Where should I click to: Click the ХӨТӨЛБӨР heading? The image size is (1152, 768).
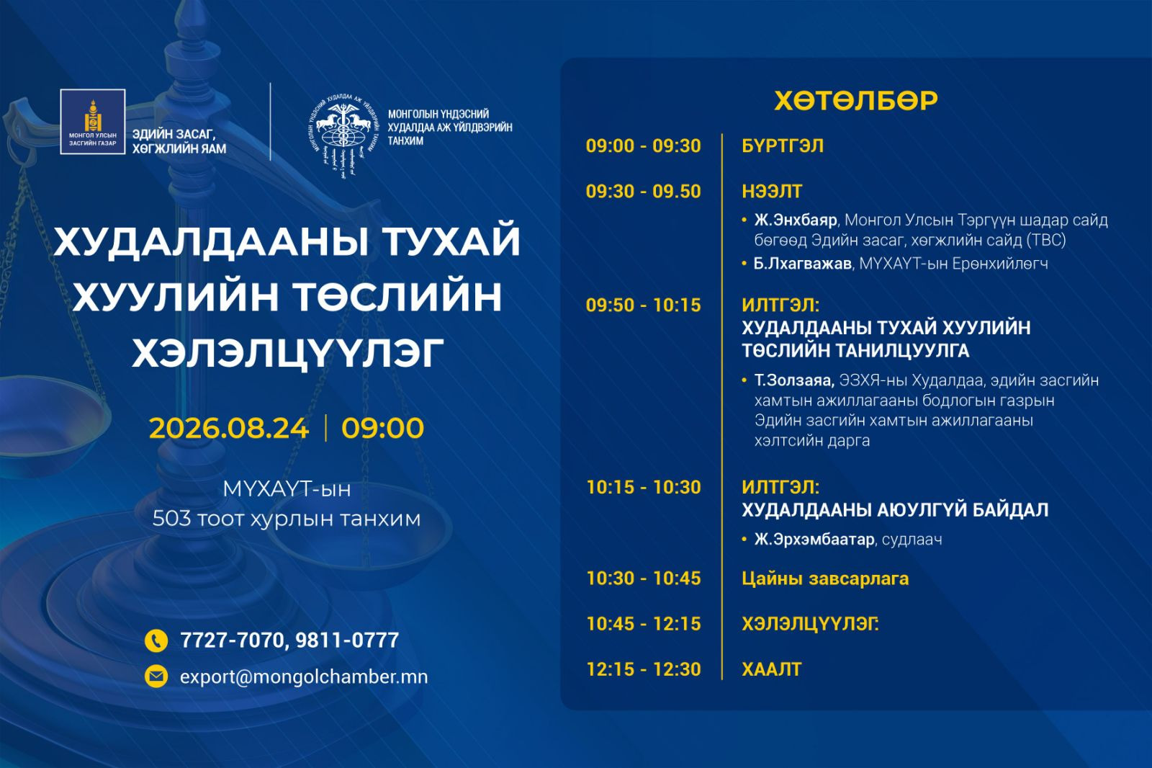point(856,100)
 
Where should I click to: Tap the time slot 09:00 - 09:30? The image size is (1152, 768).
point(644,146)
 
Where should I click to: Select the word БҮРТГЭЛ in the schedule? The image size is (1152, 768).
point(782,146)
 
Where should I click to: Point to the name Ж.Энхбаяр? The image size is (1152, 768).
point(796,220)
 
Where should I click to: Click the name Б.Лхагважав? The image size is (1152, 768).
point(802,264)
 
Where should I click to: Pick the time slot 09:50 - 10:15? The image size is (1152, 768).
point(644,305)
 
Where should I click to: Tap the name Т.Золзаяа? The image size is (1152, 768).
point(794,380)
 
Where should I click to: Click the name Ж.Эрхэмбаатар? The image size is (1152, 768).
point(814,540)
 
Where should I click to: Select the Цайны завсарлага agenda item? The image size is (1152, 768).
point(825,579)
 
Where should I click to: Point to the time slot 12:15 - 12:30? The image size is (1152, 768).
point(644,669)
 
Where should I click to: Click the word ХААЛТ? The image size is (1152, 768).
point(771,669)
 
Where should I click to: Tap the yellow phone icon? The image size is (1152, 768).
point(156,641)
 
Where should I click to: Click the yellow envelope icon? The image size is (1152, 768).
point(156,677)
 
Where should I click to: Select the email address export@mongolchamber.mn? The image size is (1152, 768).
point(303,677)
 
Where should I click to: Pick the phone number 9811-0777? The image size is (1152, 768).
point(347,640)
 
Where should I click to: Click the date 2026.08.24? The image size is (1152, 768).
point(229,428)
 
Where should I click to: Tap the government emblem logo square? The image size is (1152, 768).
point(93,122)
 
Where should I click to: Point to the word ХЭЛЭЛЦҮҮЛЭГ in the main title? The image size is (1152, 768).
point(288,353)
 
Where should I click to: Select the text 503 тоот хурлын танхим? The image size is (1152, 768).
point(287,519)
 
